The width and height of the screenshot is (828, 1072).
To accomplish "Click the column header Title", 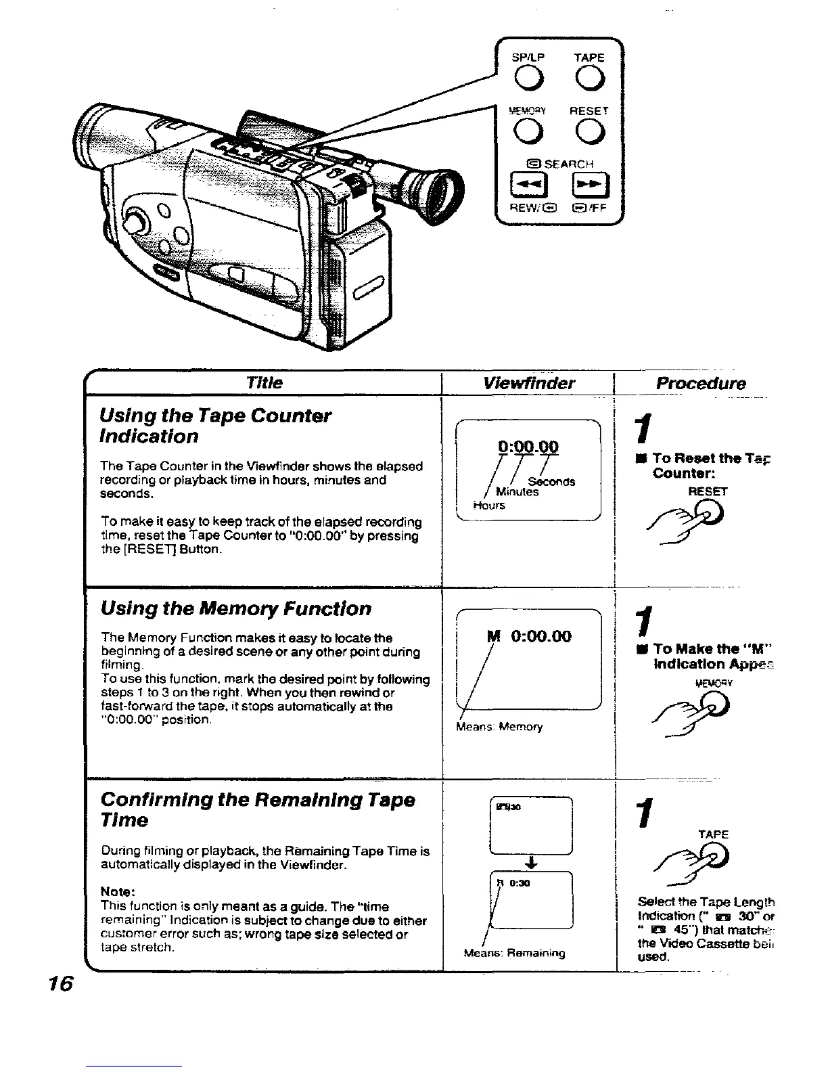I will click(265, 383).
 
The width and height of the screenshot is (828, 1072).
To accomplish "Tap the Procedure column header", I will click(701, 383).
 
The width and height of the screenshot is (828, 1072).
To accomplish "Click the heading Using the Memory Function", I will click(235, 608).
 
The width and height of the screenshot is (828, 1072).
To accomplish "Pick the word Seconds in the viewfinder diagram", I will click(552, 482).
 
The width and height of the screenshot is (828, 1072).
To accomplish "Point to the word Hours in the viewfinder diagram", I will click(489, 506).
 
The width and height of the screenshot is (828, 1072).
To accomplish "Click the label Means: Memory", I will click(500, 727).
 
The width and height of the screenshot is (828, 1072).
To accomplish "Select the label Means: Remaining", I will click(514, 954).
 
